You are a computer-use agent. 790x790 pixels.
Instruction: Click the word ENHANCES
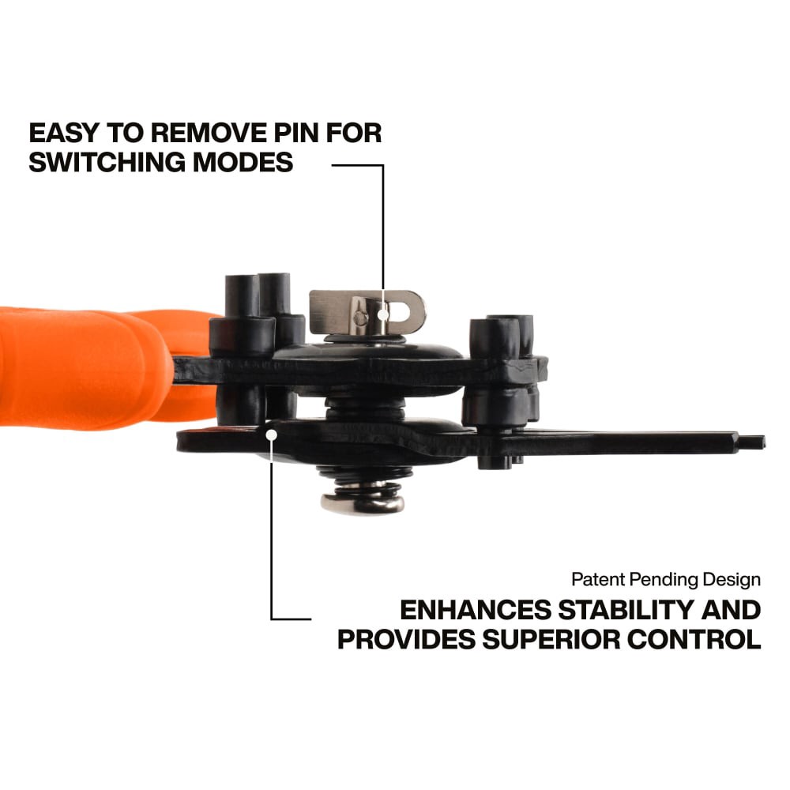click(x=476, y=610)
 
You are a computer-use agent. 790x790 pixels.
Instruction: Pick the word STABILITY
click(x=626, y=610)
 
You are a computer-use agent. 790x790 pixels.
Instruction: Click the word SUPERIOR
click(x=551, y=639)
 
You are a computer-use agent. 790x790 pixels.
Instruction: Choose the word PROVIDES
click(x=407, y=639)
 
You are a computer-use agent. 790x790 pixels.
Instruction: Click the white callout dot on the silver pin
click(x=383, y=315)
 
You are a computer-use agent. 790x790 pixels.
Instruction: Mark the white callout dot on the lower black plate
click(x=272, y=434)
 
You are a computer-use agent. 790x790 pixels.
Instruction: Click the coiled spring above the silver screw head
click(x=363, y=481)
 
